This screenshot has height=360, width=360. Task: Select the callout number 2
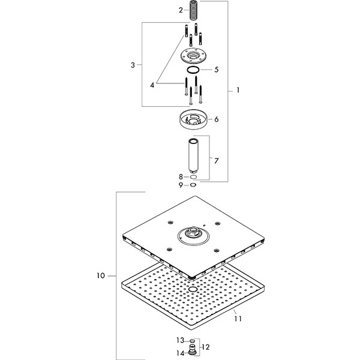click(x=180, y=10)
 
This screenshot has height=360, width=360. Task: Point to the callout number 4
click(x=152, y=85)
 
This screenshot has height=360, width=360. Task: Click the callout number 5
click(x=216, y=70)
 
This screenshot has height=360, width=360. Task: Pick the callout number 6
click(x=216, y=119)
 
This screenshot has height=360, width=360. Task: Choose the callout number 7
click(x=216, y=160)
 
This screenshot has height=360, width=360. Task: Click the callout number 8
click(x=180, y=176)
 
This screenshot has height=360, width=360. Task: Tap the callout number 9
click(x=180, y=185)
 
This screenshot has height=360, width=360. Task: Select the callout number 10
click(x=100, y=276)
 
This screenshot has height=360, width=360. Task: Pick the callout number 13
click(x=180, y=340)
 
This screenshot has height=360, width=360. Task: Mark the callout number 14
click(x=180, y=353)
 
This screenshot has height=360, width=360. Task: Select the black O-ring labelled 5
click(x=193, y=71)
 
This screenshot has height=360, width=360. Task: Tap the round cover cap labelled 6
click(x=193, y=119)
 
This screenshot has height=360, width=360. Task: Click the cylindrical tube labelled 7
click(x=193, y=156)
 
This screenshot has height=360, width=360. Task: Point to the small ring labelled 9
click(x=193, y=185)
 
